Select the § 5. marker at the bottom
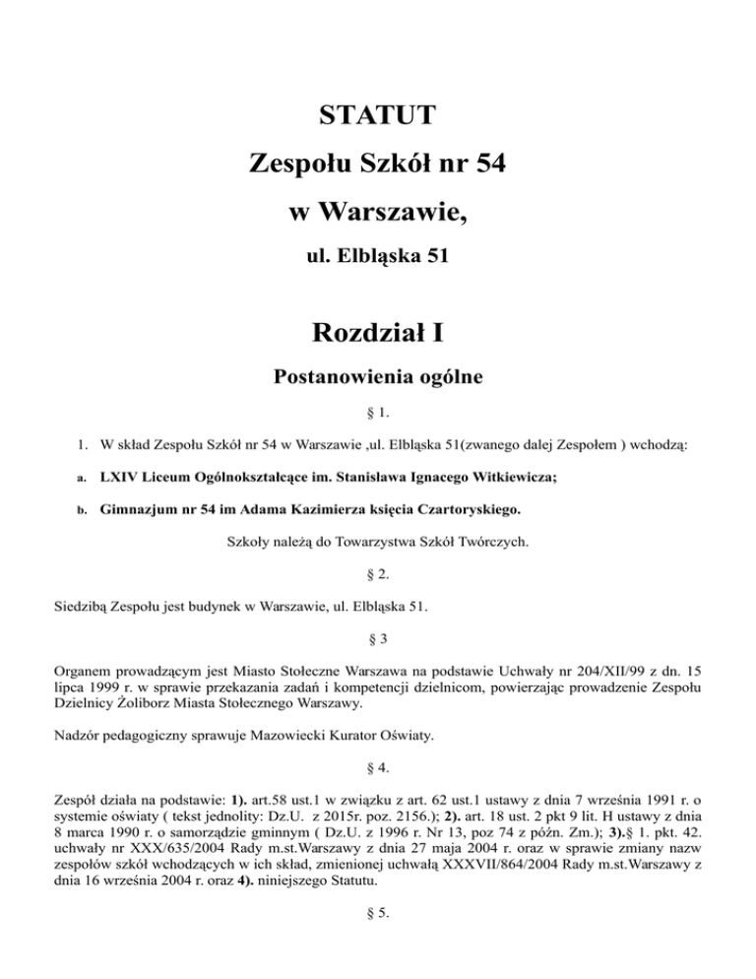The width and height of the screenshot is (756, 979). tap(377, 922)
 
